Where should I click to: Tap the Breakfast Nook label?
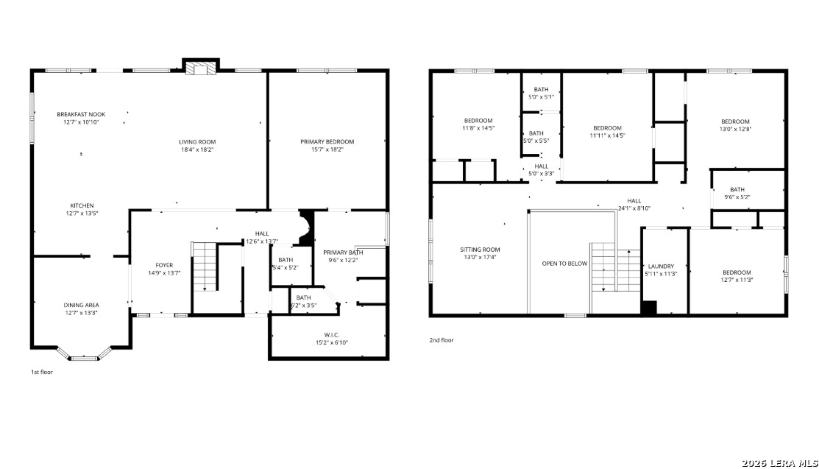81,114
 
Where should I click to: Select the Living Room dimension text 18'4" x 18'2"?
197,149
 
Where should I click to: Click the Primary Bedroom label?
327,141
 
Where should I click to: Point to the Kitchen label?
82,205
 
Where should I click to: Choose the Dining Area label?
81,305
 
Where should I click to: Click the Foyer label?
164,265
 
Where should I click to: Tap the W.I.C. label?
332,334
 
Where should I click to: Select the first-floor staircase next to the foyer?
205,267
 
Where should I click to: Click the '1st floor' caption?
42,373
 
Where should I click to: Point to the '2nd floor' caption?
442,340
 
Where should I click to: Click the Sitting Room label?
480,250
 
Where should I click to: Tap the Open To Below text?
564,264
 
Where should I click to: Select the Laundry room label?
662,266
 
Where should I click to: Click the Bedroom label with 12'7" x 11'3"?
737,272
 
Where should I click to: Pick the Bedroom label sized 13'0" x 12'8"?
735,121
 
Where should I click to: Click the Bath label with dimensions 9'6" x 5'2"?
737,189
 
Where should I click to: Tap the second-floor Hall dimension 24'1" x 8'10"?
634,208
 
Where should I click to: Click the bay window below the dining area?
84,353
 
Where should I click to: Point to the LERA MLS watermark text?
780,463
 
